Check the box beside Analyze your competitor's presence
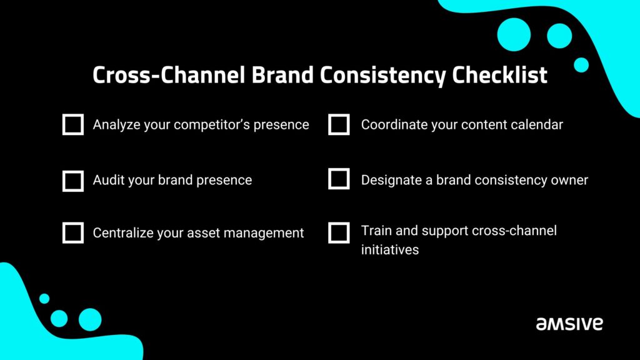point(73,124)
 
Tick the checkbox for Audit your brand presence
point(73,181)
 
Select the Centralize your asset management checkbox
point(73,232)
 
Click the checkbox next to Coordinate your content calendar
point(339,124)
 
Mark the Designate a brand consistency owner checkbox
point(339,179)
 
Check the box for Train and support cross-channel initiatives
point(339,232)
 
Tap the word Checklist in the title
point(499,75)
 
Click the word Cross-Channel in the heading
point(169,75)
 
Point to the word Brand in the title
point(282,75)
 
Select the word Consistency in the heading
point(383,76)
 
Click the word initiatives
point(390,249)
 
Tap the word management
point(264,234)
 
